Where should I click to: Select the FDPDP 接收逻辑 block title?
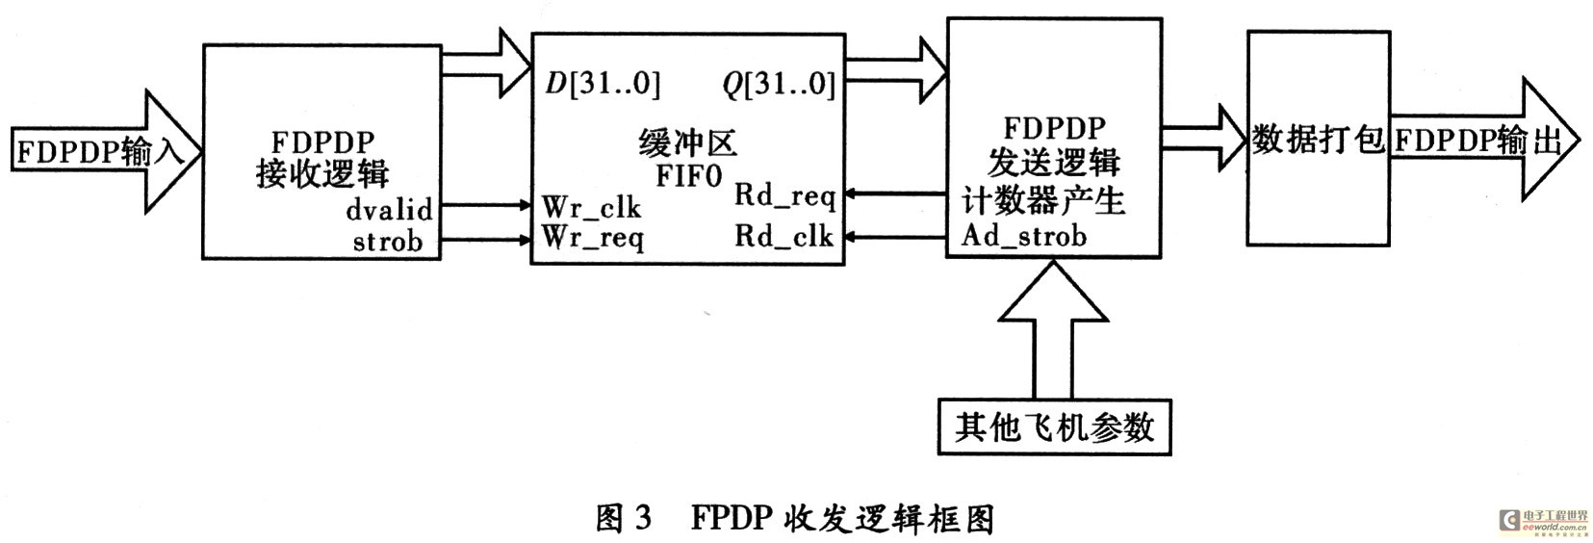321,158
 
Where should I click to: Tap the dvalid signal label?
389,209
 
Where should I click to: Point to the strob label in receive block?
388,241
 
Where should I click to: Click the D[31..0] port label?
603,85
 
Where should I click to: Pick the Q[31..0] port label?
779,85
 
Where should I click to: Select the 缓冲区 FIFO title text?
687,160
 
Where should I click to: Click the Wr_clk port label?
591,207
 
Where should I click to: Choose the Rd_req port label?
784,195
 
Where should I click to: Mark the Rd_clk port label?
784,236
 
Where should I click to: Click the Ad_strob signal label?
1024,236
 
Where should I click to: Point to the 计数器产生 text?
1043,200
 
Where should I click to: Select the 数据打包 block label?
1317,141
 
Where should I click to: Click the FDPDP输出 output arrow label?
1477,142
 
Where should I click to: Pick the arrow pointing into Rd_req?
895,195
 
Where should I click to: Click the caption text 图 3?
623,519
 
